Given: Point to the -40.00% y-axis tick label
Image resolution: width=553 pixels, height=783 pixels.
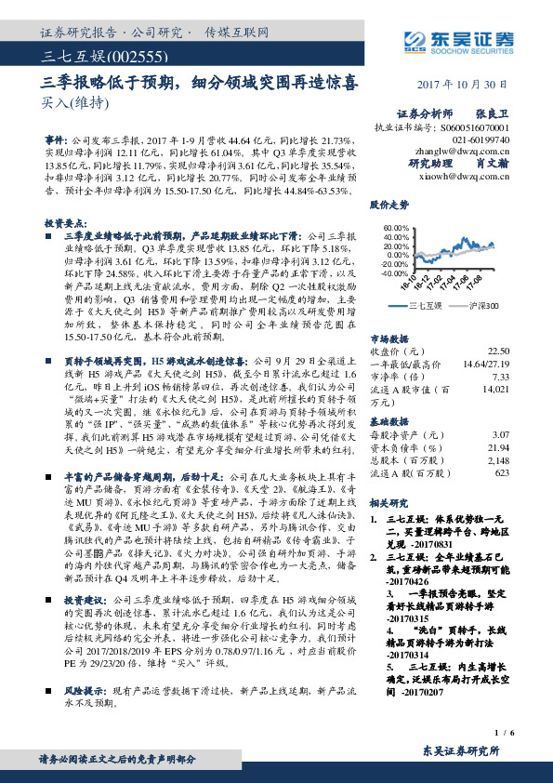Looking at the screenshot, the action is click(x=396, y=273).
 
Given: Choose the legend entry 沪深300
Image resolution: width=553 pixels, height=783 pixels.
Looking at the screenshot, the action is click(x=482, y=305).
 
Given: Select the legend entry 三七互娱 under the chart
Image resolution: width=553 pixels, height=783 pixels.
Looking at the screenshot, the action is click(x=428, y=305).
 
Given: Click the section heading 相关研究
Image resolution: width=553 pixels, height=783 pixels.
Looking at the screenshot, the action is click(x=388, y=502).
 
